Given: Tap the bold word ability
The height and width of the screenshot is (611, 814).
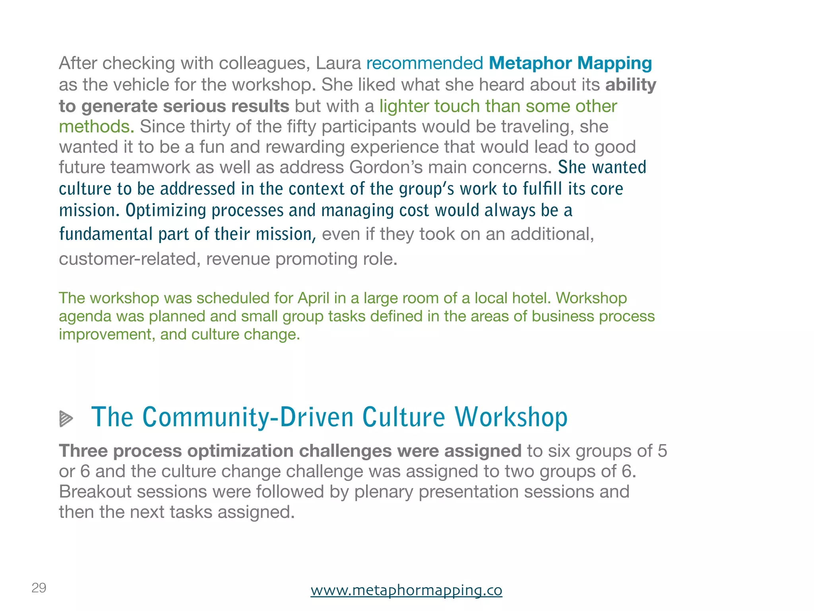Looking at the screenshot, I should pyautogui.click(x=631, y=85).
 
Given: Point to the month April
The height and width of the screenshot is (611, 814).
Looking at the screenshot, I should pyautogui.click(x=312, y=298).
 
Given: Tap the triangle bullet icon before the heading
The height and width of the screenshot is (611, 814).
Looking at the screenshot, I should pyautogui.click(x=66, y=418).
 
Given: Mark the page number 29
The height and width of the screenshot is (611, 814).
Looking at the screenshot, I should pyautogui.click(x=39, y=588).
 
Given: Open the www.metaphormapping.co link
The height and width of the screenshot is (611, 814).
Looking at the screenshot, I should pyautogui.click(x=406, y=590).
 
